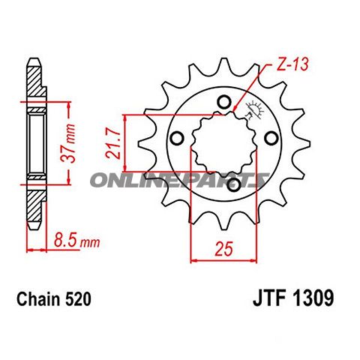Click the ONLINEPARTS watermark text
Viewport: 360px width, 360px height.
pyautogui.click(x=180, y=180)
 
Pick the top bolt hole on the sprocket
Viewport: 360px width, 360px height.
pyautogui.click(x=223, y=102)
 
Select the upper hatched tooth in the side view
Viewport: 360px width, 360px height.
pyautogui.click(x=34, y=82)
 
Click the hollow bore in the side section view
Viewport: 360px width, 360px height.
pyautogui.click(x=34, y=142)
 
